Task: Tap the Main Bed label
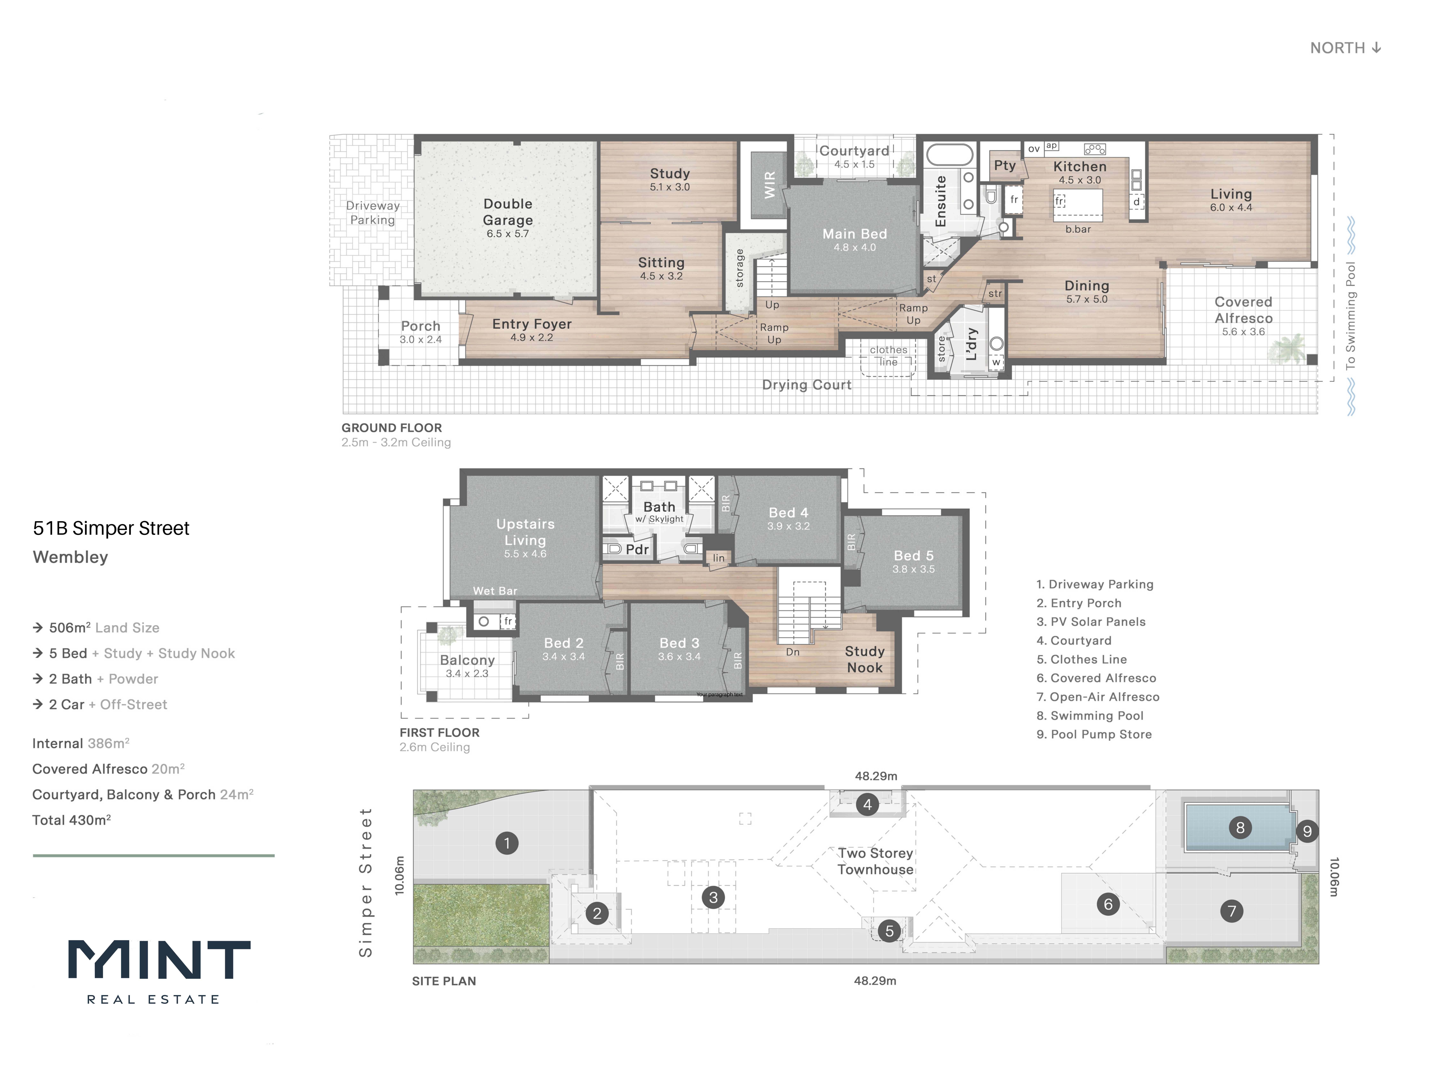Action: click(x=854, y=234)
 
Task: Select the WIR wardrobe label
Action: click(x=770, y=185)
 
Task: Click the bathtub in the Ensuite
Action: click(x=950, y=155)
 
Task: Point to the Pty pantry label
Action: click(x=1004, y=165)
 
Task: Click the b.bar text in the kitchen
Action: click(x=1078, y=229)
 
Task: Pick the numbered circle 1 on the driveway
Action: click(x=507, y=844)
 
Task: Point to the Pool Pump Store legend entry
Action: click(x=1094, y=734)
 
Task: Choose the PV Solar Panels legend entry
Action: click(x=1091, y=622)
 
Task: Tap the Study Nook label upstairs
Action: click(x=865, y=659)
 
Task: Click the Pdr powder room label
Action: click(x=637, y=549)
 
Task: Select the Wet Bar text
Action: click(x=495, y=591)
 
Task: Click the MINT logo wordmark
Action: click(x=159, y=960)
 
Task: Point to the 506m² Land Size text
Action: click(x=104, y=628)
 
